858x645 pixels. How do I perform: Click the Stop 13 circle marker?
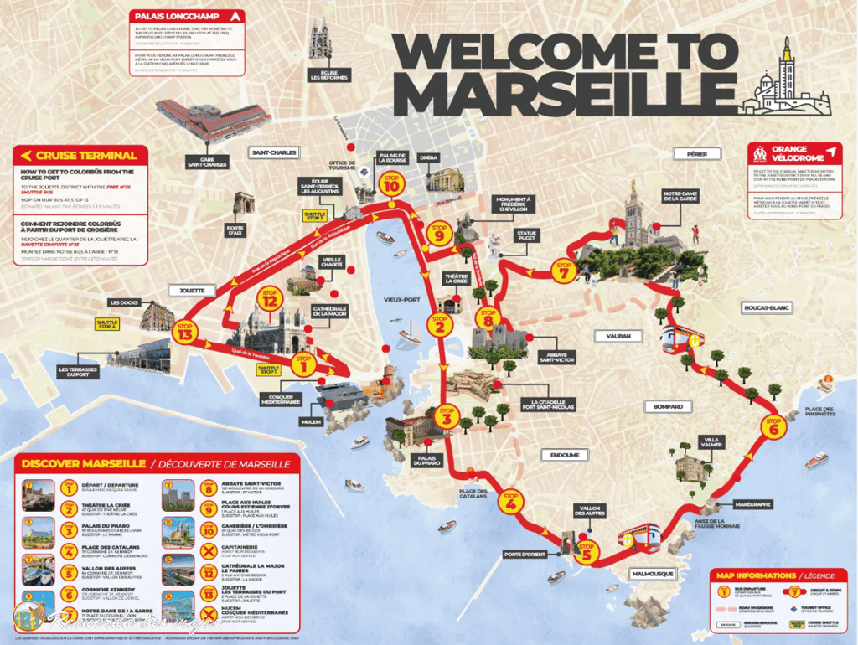tap(185, 331)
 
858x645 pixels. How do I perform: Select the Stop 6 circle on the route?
tap(773, 426)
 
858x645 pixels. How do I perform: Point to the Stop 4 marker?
tap(509, 502)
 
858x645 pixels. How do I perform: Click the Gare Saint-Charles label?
tap(208, 161)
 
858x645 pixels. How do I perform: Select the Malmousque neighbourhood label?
tap(649, 574)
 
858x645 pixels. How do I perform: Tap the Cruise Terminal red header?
tap(80, 155)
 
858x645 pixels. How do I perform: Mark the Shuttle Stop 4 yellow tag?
tap(107, 324)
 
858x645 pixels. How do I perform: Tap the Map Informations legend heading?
tap(766, 575)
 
